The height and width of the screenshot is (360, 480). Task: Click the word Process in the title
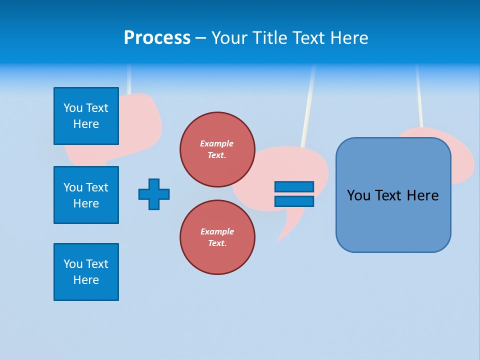click(x=157, y=38)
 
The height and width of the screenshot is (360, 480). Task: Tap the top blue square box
click(x=86, y=116)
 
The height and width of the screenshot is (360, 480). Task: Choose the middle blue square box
click(x=86, y=195)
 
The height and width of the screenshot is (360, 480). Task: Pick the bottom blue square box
click(x=86, y=272)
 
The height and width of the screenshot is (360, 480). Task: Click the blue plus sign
click(x=154, y=194)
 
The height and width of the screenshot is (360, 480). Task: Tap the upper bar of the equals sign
click(x=294, y=186)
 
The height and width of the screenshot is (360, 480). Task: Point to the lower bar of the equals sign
click(x=294, y=201)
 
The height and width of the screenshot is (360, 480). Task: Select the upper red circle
click(x=217, y=149)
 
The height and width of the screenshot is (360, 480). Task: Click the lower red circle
click(x=217, y=237)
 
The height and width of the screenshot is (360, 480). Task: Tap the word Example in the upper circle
click(x=216, y=143)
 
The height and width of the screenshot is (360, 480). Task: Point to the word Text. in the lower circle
click(x=217, y=243)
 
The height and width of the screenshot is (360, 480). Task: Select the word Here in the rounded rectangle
click(x=422, y=195)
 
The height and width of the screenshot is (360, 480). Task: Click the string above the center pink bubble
click(x=308, y=105)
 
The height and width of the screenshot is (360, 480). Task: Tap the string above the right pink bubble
click(x=419, y=95)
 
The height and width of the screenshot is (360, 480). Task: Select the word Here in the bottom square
click(x=86, y=280)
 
